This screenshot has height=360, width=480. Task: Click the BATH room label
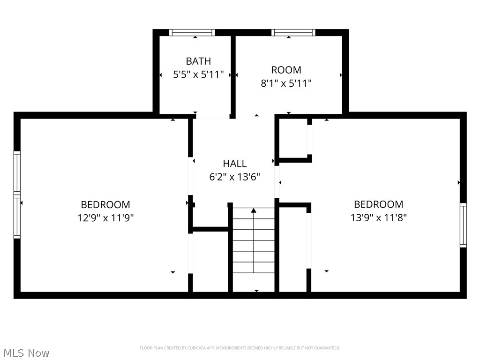point(198,61)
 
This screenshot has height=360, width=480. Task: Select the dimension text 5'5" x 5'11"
point(198,75)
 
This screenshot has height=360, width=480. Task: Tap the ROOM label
point(286,70)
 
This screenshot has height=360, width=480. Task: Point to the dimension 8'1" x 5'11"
point(286,83)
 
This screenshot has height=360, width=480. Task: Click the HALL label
point(234,164)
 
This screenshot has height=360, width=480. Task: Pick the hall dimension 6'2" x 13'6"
point(234,177)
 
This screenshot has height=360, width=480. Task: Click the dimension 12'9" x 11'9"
point(105,218)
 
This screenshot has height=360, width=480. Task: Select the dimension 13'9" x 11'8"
point(378,217)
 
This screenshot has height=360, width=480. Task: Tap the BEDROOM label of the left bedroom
point(105,205)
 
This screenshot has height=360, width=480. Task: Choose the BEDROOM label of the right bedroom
point(378,204)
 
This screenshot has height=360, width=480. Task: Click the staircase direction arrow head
point(254,210)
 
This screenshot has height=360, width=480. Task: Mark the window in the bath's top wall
point(192,32)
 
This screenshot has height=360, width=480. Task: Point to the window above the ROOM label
point(292,32)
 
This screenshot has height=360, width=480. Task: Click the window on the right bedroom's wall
point(463,225)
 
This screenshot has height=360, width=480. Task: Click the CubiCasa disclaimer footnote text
point(240,348)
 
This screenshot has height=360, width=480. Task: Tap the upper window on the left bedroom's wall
point(17,172)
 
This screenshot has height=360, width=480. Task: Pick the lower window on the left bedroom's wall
point(17,217)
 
